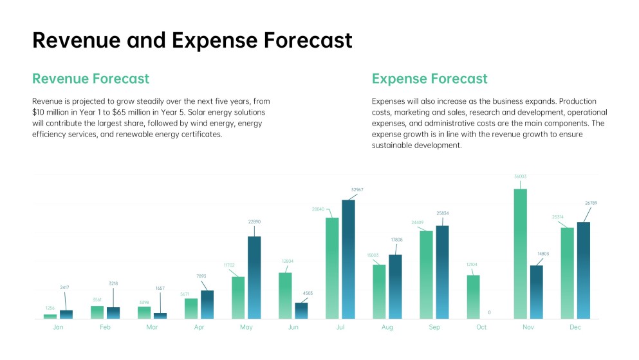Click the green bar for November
point(520,254)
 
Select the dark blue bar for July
point(348,259)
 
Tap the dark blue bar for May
point(254,277)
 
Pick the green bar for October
point(473,296)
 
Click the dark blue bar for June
point(301,310)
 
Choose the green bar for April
point(191,308)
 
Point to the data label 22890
point(254,222)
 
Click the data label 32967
point(357,189)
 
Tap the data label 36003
point(520,176)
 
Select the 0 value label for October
point(489,312)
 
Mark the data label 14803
point(542,254)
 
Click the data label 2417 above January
point(65,287)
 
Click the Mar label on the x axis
point(152,328)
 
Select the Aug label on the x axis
point(387,328)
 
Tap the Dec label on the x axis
point(575,328)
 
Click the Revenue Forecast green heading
point(91,79)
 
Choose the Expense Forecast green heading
point(429,79)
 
